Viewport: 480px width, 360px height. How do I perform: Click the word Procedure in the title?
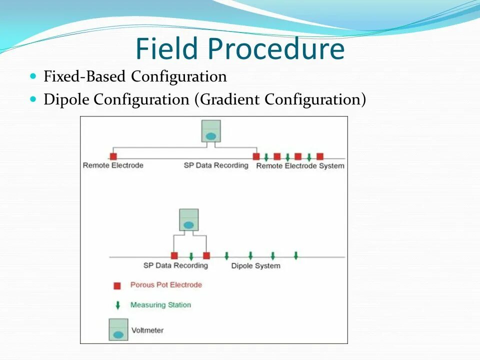[x=276, y=49]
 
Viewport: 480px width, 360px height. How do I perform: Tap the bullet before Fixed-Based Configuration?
[x=33, y=76]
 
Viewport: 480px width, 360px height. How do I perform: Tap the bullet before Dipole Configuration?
[x=33, y=99]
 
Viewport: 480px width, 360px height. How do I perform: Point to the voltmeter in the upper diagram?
[x=211, y=131]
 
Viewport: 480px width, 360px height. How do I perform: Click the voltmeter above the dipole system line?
[x=188, y=220]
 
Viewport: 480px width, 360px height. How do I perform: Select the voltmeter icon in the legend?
[x=118, y=329]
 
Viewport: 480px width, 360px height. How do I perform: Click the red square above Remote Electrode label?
[x=113, y=156]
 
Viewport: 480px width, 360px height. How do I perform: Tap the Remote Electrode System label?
[x=300, y=166]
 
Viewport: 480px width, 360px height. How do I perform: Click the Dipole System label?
[x=255, y=265]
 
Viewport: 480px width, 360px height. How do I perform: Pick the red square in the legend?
[x=117, y=286]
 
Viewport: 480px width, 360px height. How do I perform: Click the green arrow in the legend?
[x=117, y=305]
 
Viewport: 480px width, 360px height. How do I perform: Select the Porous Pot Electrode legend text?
[x=166, y=285]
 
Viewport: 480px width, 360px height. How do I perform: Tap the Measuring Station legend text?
[x=160, y=304]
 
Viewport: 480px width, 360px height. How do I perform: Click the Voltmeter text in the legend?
[x=147, y=330]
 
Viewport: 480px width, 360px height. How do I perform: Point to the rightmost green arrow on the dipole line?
[x=296, y=255]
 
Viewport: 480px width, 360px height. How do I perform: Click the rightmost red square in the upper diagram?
[x=320, y=156]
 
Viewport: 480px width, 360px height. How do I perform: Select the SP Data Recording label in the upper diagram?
[x=216, y=165]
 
